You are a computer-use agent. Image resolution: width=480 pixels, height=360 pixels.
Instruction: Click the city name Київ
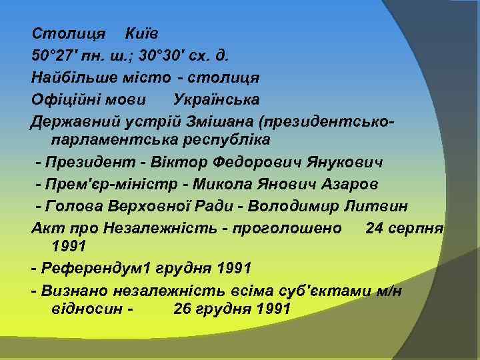tap(142, 33)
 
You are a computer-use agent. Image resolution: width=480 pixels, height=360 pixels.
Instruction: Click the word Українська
tap(217, 99)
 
